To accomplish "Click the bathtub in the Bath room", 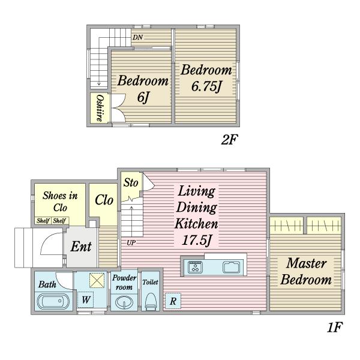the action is click(x=53, y=301).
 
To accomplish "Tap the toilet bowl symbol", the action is click(x=151, y=301).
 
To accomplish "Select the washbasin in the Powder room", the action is click(x=124, y=302).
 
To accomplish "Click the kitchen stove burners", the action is click(x=195, y=268).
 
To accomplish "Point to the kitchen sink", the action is click(x=232, y=268).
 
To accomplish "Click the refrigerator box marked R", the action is click(x=173, y=301).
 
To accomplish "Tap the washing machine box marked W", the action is click(x=85, y=299).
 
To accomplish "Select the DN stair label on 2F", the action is click(x=138, y=37).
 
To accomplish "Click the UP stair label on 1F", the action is click(x=131, y=242).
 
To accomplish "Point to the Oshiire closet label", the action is click(x=100, y=108).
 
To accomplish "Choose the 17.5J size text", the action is click(x=197, y=241).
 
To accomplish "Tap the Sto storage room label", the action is click(x=131, y=183).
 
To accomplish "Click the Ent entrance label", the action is click(x=81, y=247).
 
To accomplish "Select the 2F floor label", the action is click(x=229, y=139).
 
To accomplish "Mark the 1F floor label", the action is click(x=335, y=327).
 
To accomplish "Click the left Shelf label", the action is click(x=43, y=221).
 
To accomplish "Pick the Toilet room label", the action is click(x=151, y=282).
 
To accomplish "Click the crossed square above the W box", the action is click(x=97, y=280).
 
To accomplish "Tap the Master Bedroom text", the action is click(x=306, y=271).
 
